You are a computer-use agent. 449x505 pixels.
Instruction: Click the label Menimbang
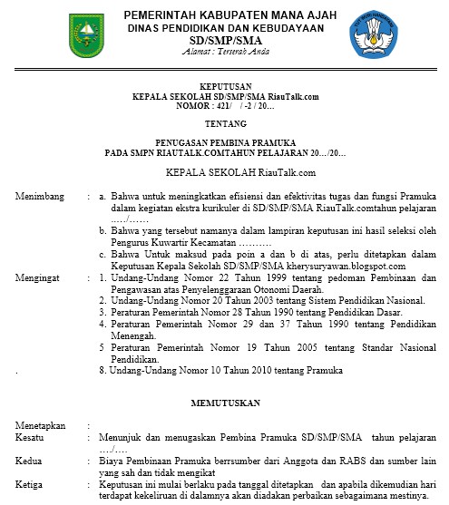click(x=38, y=196)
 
